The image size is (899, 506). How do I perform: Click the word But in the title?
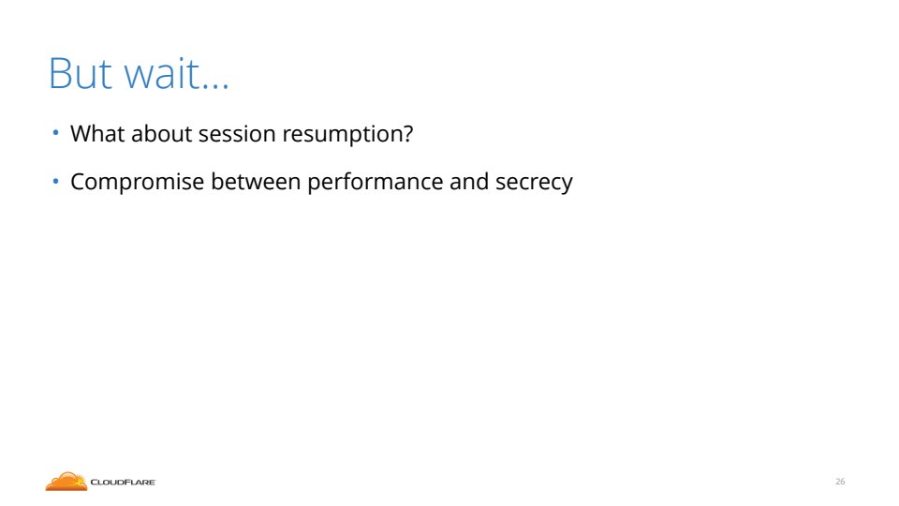(81, 73)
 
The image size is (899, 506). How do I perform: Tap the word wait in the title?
(162, 72)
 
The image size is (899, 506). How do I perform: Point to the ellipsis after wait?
(215, 86)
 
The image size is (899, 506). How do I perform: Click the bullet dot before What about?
(55, 133)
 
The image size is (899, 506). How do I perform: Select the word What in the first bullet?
(97, 134)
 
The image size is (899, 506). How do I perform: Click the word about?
(162, 134)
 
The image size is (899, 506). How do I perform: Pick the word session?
(237, 134)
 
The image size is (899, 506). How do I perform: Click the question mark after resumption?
(407, 134)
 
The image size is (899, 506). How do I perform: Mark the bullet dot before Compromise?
(55, 181)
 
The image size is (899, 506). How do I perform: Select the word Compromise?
(138, 183)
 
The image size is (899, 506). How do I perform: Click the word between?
(256, 181)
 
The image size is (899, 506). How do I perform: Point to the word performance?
(375, 182)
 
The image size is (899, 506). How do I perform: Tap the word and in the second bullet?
(469, 181)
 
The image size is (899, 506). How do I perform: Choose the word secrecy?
(534, 184)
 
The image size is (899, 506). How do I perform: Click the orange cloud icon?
(66, 482)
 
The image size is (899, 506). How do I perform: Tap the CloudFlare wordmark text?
(123, 483)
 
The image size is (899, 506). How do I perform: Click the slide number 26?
(840, 482)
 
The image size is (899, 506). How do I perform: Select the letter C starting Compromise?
(79, 182)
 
